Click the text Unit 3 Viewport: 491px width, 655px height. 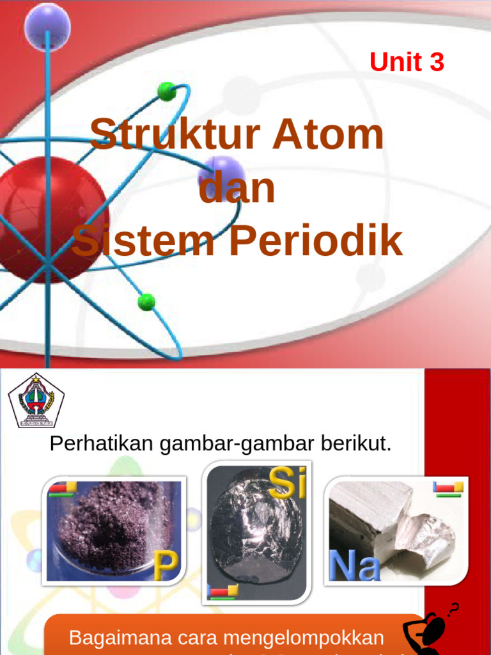click(x=407, y=62)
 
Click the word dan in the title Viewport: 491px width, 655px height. click(x=237, y=188)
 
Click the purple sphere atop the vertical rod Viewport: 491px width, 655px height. click(x=47, y=26)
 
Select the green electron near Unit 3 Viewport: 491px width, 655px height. click(x=167, y=91)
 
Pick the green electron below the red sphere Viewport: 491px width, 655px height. click(x=146, y=302)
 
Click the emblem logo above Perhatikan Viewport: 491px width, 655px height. click(x=36, y=401)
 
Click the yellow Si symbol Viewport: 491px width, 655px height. click(x=287, y=483)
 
